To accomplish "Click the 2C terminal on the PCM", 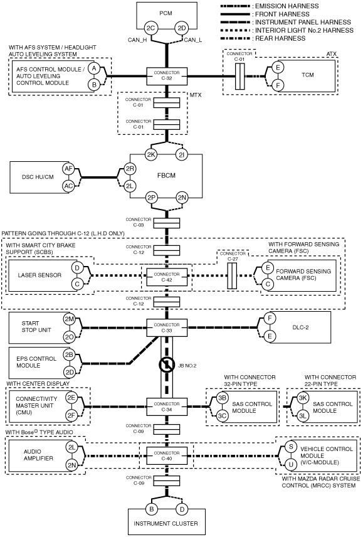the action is click(x=151, y=28).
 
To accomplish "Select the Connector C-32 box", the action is click(x=167, y=76).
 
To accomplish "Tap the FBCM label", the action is click(x=166, y=176).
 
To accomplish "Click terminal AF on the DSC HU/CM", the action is click(x=68, y=169).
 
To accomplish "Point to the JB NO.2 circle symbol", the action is click(x=167, y=365).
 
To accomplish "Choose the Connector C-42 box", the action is click(x=167, y=277).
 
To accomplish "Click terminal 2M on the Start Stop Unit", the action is click(x=69, y=319).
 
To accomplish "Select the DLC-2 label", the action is click(x=300, y=327).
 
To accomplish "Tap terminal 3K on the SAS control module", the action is click(x=302, y=398).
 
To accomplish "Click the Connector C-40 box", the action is click(x=167, y=456).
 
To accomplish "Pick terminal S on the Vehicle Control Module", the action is click(x=291, y=447).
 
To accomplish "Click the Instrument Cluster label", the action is click(x=166, y=523).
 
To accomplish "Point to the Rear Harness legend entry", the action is click(x=263, y=38).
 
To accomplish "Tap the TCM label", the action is click(x=308, y=75).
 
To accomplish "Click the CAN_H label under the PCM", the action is click(x=137, y=40).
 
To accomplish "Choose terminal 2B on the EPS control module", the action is click(x=69, y=354).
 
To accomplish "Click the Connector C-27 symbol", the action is click(x=233, y=275).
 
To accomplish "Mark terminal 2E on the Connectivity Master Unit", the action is click(x=71, y=398).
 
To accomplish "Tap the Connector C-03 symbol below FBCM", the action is click(x=167, y=223).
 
